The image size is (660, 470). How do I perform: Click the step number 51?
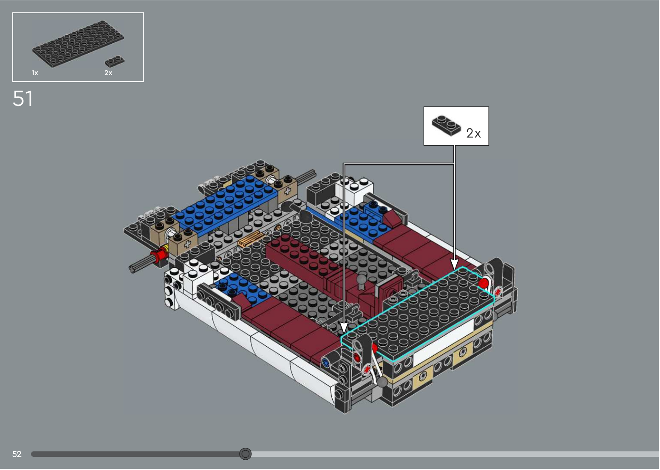point(23,98)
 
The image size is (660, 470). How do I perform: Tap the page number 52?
point(17,454)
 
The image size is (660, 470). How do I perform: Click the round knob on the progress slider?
point(245,454)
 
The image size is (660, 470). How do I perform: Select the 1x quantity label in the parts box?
point(35,73)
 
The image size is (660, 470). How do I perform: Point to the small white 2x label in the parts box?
point(108,73)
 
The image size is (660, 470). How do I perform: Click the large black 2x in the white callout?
point(474,133)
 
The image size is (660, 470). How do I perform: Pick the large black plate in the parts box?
point(78,44)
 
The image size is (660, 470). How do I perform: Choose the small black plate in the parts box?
point(115,61)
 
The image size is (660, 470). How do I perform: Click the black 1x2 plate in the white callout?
point(446,125)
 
